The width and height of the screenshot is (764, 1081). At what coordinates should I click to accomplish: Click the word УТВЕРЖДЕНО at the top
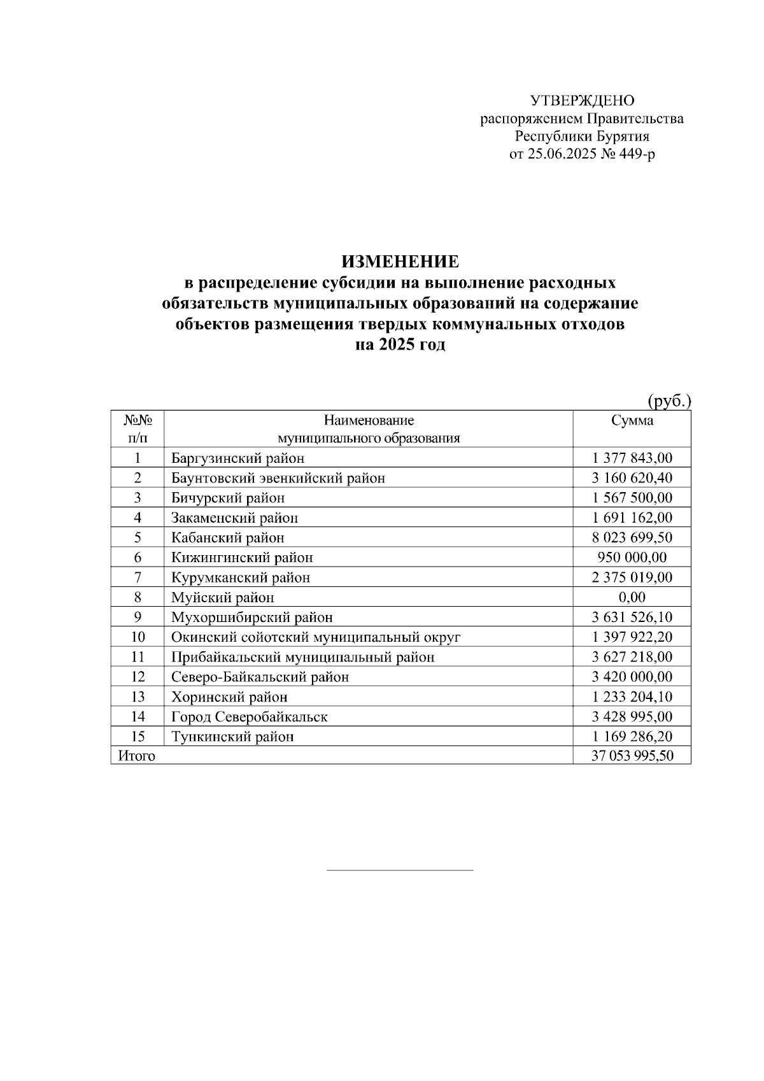(x=582, y=101)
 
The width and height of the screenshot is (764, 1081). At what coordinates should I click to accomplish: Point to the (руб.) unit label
(x=669, y=401)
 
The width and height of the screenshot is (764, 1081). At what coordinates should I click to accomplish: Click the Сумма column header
(x=632, y=420)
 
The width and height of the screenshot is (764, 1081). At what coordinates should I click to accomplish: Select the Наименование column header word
(x=369, y=420)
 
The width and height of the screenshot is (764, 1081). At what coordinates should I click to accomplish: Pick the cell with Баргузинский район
(x=237, y=458)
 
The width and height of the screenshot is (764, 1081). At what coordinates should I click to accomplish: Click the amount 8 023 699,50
(x=632, y=538)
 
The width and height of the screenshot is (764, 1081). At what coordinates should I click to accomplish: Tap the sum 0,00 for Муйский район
(x=632, y=597)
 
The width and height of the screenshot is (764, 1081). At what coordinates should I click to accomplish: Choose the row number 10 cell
(x=138, y=637)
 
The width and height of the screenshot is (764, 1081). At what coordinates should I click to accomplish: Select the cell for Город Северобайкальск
(x=249, y=717)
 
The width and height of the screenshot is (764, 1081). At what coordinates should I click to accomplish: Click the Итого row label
(x=136, y=756)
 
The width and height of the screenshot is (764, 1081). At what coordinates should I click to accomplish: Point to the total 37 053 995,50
(x=632, y=756)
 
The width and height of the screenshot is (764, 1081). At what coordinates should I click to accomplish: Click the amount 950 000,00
(x=632, y=558)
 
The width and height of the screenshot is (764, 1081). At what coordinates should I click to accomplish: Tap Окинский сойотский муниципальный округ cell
(x=315, y=637)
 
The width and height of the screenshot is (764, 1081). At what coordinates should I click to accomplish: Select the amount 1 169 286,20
(x=632, y=737)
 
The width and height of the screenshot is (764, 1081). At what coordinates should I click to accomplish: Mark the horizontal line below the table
(x=400, y=870)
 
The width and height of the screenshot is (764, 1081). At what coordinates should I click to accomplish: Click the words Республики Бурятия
(x=582, y=136)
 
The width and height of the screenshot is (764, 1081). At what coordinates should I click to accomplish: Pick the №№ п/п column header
(x=138, y=429)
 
